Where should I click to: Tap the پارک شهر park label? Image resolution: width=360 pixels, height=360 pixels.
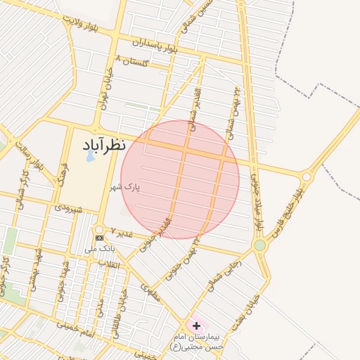[125, 188]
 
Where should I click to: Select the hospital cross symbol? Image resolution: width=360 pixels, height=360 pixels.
[196, 326]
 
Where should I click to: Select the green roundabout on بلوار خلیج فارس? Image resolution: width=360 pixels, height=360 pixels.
[260, 245]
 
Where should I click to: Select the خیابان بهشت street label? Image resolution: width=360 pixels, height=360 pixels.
[252, 309]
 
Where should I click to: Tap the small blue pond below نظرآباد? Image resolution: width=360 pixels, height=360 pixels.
[89, 157]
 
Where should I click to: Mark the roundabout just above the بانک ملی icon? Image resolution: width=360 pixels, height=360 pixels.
[98, 229]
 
